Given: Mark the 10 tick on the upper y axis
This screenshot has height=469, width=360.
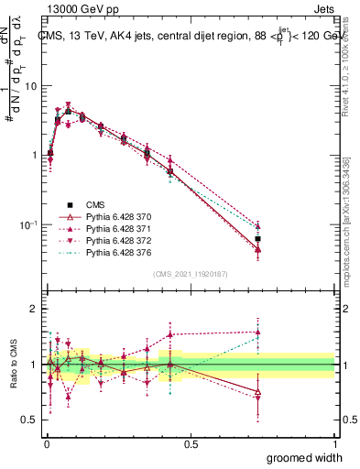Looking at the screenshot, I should pos(30,85).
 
